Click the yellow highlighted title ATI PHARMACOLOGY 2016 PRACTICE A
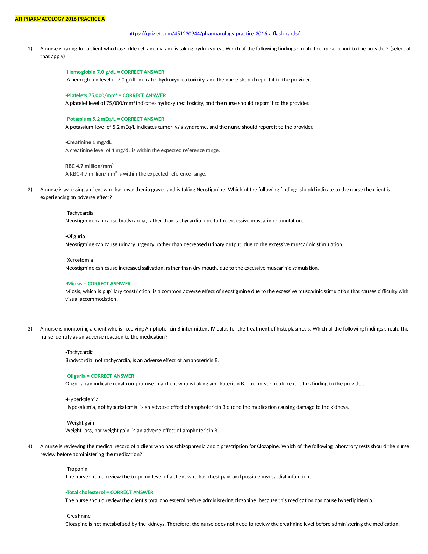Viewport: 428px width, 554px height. pos(60,19)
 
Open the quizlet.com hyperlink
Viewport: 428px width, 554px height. pos(214,34)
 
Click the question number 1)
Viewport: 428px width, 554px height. pos(30,49)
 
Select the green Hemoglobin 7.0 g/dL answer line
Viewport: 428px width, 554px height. pos(115,72)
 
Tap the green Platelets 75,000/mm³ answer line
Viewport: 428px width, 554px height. pos(115,95)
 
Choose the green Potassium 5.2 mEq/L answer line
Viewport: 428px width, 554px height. pos(115,119)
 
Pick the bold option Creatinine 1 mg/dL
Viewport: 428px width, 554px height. pos(88,142)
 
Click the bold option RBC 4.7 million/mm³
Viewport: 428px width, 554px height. pos(89,166)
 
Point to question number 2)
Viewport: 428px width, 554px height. pos(30,190)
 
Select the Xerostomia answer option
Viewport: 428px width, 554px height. pos(79,260)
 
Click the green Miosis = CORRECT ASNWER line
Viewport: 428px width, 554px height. pos(98,283)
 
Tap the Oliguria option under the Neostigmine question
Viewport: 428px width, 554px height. pos(75,236)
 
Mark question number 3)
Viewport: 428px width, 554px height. pos(30,329)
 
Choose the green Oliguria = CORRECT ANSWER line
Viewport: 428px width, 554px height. pos(100,376)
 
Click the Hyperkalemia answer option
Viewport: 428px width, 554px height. pos(82,399)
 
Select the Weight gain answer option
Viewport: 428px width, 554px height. pos(80,423)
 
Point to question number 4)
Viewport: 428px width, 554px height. pos(30,446)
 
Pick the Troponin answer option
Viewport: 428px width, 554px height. pos(77,469)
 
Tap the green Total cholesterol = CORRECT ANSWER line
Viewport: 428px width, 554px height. pos(109,492)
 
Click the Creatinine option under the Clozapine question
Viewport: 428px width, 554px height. pos(78,516)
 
